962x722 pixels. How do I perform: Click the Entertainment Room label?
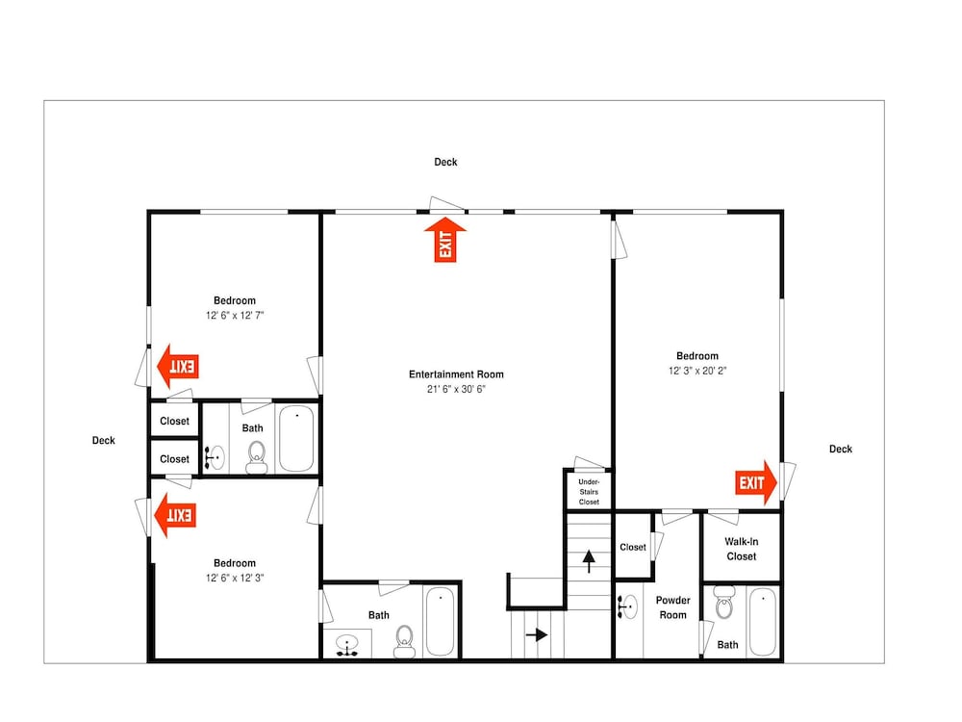[456, 374]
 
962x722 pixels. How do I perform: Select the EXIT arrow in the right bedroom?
[756, 482]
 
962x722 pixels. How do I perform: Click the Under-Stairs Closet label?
[589, 492]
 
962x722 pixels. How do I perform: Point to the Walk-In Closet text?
[741, 549]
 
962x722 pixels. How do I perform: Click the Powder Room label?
[672, 607]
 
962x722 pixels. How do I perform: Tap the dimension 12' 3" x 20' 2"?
[696, 371]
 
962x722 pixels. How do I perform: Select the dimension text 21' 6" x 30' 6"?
[456, 389]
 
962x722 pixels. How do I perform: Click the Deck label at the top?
[445, 162]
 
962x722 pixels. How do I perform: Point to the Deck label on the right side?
[841, 449]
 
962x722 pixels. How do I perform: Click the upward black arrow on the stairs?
[589, 561]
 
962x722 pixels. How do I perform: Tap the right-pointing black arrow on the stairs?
[537, 634]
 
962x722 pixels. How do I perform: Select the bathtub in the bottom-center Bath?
[440, 621]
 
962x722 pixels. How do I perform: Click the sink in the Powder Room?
[627, 606]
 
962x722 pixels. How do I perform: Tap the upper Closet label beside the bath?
[174, 422]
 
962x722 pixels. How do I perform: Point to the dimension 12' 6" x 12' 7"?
[235, 316]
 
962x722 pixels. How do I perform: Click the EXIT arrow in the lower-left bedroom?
[175, 515]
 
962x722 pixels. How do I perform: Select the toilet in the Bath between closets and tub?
[257, 457]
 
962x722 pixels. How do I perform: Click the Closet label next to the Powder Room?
[633, 547]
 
